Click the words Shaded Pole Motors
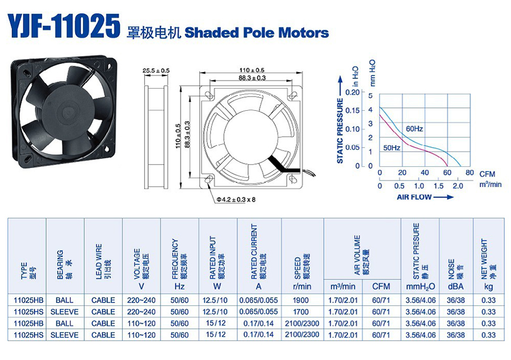coord(257,33)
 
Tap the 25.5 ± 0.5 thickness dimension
coord(156,70)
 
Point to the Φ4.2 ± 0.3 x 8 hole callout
coord(236,199)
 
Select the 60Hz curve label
coord(414,129)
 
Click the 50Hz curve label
coord(391,148)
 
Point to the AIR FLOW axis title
coord(414,197)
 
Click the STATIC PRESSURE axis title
coord(340,131)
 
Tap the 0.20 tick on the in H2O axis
coord(352,92)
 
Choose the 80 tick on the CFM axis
coord(470,173)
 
